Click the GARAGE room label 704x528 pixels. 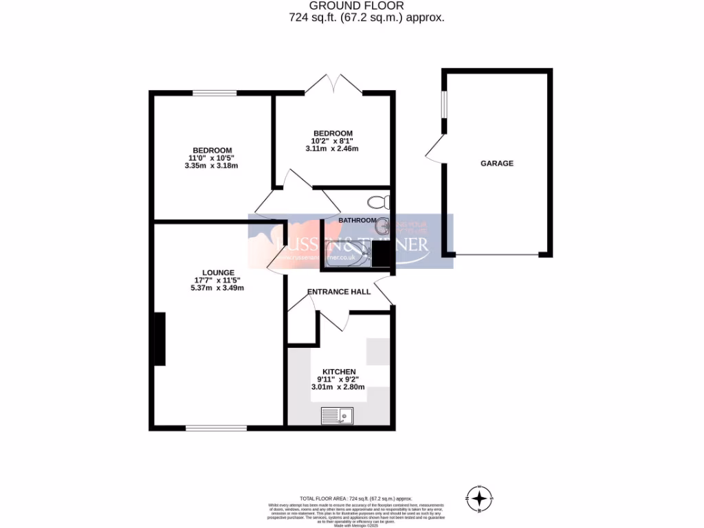[496, 164]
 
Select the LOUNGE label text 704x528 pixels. [219, 272]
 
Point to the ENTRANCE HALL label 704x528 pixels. [338, 292]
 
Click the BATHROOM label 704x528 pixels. [357, 220]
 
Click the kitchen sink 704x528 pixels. [337, 415]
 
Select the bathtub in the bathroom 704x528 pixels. [347, 258]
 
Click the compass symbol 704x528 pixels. [479, 496]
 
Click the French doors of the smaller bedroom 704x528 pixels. [333, 85]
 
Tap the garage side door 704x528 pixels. [435, 148]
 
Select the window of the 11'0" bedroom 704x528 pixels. [214, 93]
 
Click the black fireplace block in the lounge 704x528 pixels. [159, 338]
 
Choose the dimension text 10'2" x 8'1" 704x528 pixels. [333, 141]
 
